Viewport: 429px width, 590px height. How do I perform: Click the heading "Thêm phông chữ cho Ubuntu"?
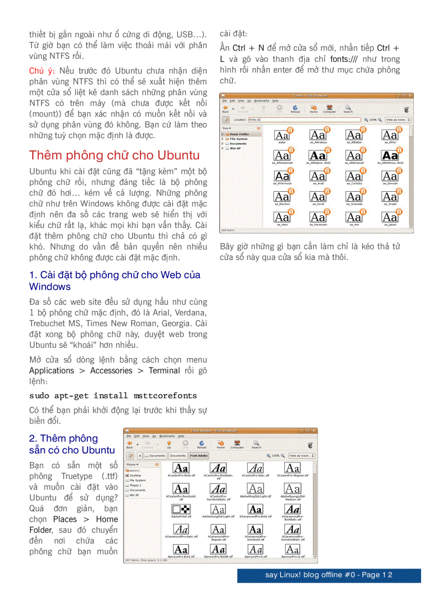pyautogui.click(x=114, y=156)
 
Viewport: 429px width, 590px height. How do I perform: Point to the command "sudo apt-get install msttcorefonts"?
pyautogui.click(x=113, y=396)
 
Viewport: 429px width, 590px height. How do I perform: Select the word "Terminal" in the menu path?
pyautogui.click(x=164, y=370)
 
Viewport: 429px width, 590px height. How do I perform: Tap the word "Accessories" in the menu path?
pyautogui.click(x=111, y=370)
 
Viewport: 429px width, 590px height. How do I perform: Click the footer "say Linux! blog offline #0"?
pyautogui.click(x=329, y=575)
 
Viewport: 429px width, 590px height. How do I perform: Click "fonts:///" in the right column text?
pyautogui.click(x=344, y=59)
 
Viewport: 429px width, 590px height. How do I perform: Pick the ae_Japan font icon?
pyautogui.click(x=390, y=217)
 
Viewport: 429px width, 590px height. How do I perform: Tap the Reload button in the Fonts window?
pyautogui.click(x=295, y=108)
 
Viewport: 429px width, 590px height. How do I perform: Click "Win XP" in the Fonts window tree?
pyautogui.click(x=235, y=148)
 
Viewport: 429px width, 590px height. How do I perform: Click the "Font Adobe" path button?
pyautogui.click(x=199, y=456)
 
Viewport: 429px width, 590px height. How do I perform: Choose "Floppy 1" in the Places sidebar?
pyautogui.click(x=136, y=485)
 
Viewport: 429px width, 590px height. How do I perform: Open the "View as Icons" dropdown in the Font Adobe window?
pyautogui.click(x=301, y=456)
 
